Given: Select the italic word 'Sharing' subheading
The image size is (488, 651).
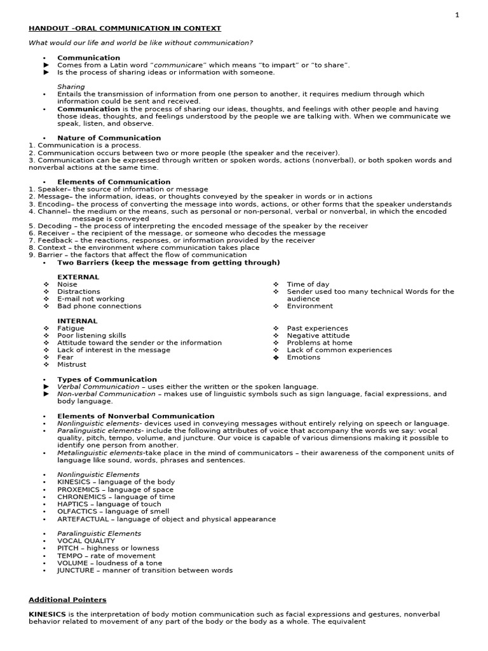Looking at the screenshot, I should click(x=71, y=86).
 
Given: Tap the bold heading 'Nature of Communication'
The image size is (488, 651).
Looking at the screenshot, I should click(x=109, y=138).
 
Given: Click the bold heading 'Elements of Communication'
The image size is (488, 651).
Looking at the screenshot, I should click(x=114, y=182).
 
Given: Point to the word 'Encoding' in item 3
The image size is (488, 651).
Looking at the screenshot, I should click(x=53, y=204).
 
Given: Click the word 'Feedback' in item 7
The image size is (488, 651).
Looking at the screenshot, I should click(x=54, y=240).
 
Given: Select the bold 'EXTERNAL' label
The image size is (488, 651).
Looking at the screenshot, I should click(x=78, y=277).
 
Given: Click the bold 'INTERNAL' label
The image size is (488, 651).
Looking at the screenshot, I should click(x=78, y=321).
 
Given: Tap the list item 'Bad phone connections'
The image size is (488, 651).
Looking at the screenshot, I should click(x=99, y=306).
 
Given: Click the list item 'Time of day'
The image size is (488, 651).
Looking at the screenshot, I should click(x=308, y=284).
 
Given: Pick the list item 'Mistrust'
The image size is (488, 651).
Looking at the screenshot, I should click(x=72, y=365).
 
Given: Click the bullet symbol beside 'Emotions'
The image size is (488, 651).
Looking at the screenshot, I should click(x=276, y=357).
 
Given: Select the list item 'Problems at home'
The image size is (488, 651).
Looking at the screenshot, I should click(x=319, y=343).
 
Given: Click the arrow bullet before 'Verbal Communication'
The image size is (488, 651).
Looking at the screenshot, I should click(x=45, y=387).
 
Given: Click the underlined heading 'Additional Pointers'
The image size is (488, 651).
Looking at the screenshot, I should click(x=67, y=600).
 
